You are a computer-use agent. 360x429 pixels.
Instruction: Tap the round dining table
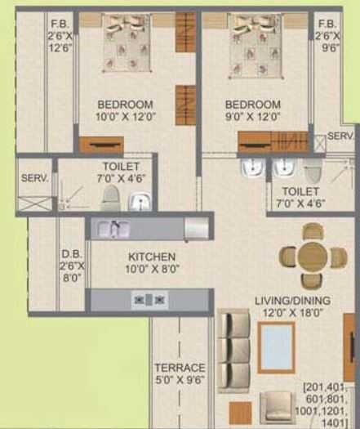[312, 256]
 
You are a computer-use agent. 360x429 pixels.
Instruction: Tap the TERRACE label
[180, 369]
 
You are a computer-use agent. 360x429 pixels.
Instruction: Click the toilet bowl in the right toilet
[313, 171]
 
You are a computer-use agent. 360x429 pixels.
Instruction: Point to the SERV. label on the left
[35, 177]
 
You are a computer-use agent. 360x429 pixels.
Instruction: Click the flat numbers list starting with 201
[329, 404]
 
